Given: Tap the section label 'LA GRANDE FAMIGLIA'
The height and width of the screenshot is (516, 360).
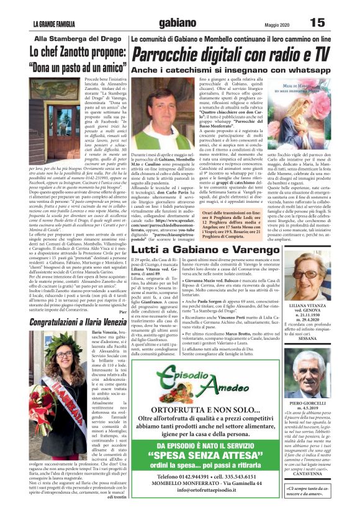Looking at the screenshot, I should (x=55, y=24).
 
